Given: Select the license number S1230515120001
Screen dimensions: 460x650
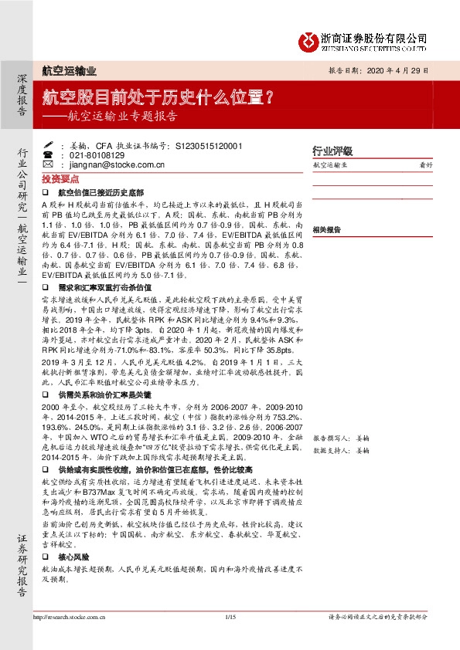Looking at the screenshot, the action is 199,144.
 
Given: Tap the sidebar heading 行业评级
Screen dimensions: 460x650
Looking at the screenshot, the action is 332,151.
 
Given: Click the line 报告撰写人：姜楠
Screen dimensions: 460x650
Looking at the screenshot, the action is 342,437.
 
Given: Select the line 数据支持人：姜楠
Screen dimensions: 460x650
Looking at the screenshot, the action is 342,449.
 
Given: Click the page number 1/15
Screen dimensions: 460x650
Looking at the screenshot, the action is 230,616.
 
